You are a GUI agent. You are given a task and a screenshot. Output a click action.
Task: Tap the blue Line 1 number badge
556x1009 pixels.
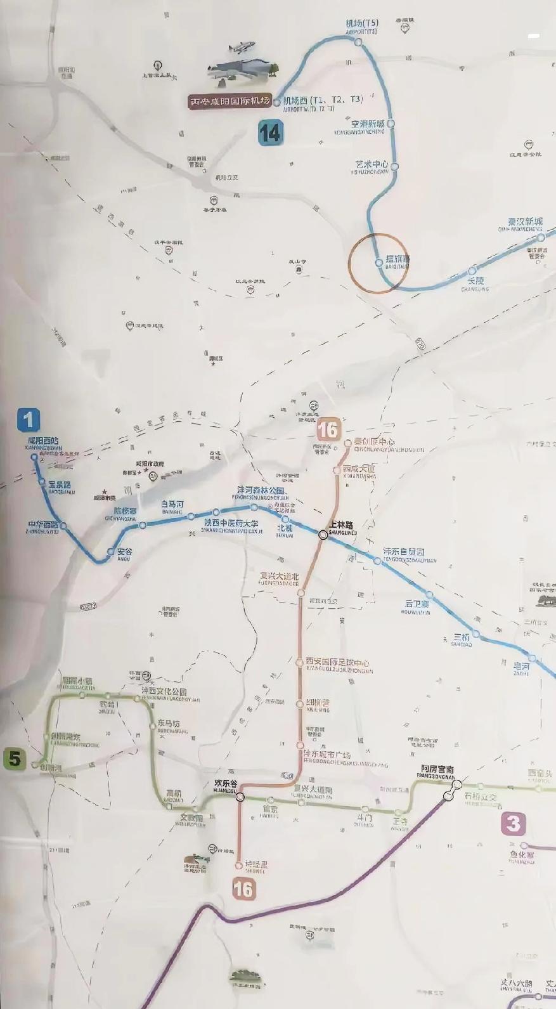[x=28, y=420]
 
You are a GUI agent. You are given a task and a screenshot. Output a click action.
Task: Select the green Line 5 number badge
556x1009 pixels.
[x=15, y=758]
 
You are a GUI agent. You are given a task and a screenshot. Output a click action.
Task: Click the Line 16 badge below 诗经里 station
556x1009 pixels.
[x=243, y=889]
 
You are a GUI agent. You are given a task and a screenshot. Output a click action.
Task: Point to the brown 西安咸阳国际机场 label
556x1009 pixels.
[x=231, y=101]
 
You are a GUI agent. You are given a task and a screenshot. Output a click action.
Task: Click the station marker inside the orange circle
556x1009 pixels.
[x=379, y=262]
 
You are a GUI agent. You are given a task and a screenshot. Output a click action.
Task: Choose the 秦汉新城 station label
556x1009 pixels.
[x=525, y=222]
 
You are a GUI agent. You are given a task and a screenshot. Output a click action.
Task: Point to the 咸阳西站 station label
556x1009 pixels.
[x=43, y=440]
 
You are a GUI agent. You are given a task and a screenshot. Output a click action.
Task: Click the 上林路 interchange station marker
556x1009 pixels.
[x=323, y=535]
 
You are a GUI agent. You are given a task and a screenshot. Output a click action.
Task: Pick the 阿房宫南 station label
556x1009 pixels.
[x=437, y=769]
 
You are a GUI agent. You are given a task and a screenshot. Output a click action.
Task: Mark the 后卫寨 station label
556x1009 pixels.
[x=417, y=604]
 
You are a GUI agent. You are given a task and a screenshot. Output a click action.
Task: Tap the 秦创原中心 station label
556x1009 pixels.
[x=374, y=442]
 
